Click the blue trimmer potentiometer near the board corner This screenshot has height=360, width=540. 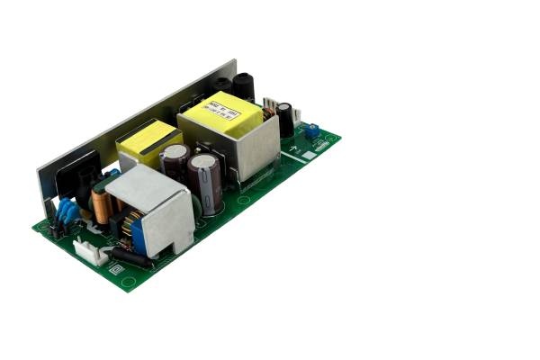(310, 131)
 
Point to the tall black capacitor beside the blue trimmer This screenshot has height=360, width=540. (285, 118)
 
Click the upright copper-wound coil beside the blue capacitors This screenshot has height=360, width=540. (102, 207)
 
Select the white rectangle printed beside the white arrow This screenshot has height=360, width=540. (309, 155)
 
